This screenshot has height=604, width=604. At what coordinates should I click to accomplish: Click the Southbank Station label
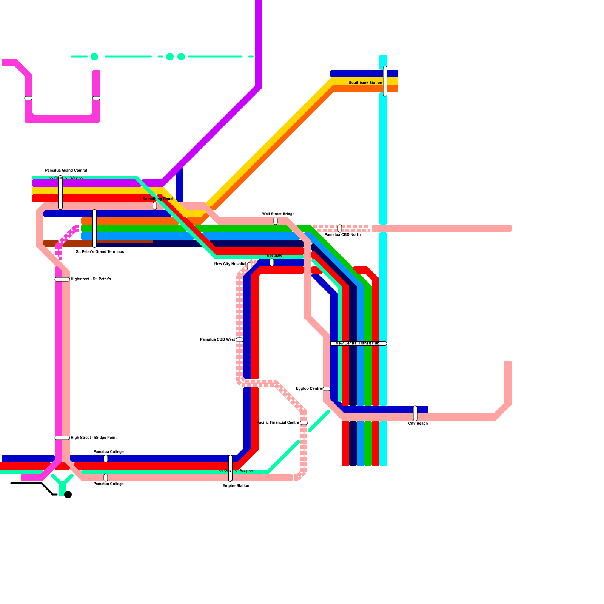tap(365, 83)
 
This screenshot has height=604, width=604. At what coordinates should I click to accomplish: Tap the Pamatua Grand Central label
tap(66, 171)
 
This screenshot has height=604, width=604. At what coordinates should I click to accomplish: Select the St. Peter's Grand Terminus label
tap(100, 252)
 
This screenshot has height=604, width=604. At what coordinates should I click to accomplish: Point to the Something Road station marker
tap(155, 206)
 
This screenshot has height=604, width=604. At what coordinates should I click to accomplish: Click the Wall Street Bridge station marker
tap(276, 221)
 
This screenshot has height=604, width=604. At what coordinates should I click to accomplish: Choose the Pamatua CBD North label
tap(342, 235)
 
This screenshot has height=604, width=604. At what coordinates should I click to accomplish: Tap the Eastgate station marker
tap(272, 262)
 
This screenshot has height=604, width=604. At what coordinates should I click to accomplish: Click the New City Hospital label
tap(230, 264)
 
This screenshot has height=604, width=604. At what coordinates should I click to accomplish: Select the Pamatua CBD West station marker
tap(240, 340)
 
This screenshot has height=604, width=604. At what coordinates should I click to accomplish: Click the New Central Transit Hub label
tap(357, 344)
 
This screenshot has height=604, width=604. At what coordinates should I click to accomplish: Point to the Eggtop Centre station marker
tap(327, 389)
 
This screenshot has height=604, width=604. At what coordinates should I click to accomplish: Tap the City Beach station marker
tap(415, 413)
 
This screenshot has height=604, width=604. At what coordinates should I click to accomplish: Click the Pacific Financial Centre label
tap(278, 423)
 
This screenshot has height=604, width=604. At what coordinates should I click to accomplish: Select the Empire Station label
tap(236, 486)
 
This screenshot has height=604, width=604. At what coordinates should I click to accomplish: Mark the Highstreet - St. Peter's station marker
tap(62, 279)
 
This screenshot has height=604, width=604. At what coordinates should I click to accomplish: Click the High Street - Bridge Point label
tap(94, 438)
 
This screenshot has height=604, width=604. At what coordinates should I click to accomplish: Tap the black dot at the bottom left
tap(68, 495)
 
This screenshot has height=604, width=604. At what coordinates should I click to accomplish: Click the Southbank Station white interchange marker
tap(385, 81)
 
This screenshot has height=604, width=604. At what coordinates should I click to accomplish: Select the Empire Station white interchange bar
tap(230, 468)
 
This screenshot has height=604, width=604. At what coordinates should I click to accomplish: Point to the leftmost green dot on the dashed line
tap(94, 57)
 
